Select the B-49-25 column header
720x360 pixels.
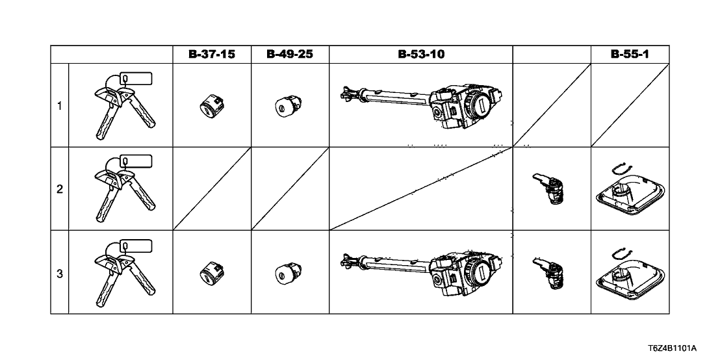(x=290, y=55)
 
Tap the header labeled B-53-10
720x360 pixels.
(x=421, y=55)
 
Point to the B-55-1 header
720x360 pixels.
(x=630, y=55)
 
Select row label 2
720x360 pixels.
(x=60, y=190)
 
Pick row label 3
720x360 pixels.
(x=60, y=274)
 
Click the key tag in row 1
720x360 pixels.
(x=136, y=79)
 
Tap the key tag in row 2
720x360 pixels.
(x=136, y=162)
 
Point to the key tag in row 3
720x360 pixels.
(x=136, y=246)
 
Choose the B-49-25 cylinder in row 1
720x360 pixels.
(x=287, y=104)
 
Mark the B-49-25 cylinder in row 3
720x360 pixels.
(x=287, y=272)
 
